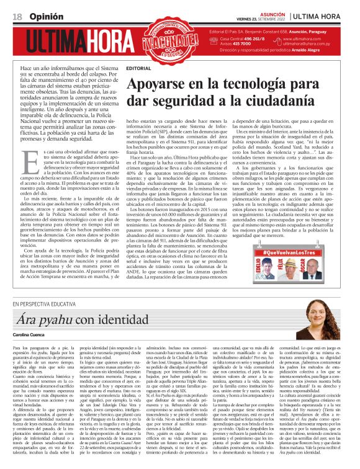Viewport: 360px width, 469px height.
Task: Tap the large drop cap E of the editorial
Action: tap(29, 164)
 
